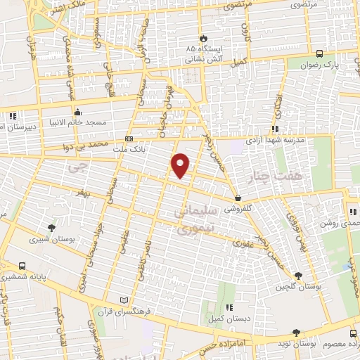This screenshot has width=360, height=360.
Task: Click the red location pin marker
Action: coord(181,165)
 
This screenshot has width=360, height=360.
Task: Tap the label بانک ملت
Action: coord(148,149)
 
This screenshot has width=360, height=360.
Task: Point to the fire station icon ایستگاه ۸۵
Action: coord(204,37)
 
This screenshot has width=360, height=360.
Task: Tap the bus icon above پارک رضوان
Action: coord(321,53)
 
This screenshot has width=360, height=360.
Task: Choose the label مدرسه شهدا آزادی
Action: coord(274,140)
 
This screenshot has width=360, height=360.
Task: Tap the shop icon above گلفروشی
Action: coord(240,198)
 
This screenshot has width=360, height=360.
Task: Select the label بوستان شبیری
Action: coord(51,239)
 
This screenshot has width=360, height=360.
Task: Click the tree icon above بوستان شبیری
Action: coord(51,227)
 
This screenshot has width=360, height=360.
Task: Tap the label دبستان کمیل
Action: coord(229,318)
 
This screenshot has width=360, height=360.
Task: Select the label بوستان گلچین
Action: coord(298,287)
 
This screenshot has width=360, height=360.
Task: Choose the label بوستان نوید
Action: coord(294,345)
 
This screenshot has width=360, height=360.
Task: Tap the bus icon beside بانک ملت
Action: coord(129,139)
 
